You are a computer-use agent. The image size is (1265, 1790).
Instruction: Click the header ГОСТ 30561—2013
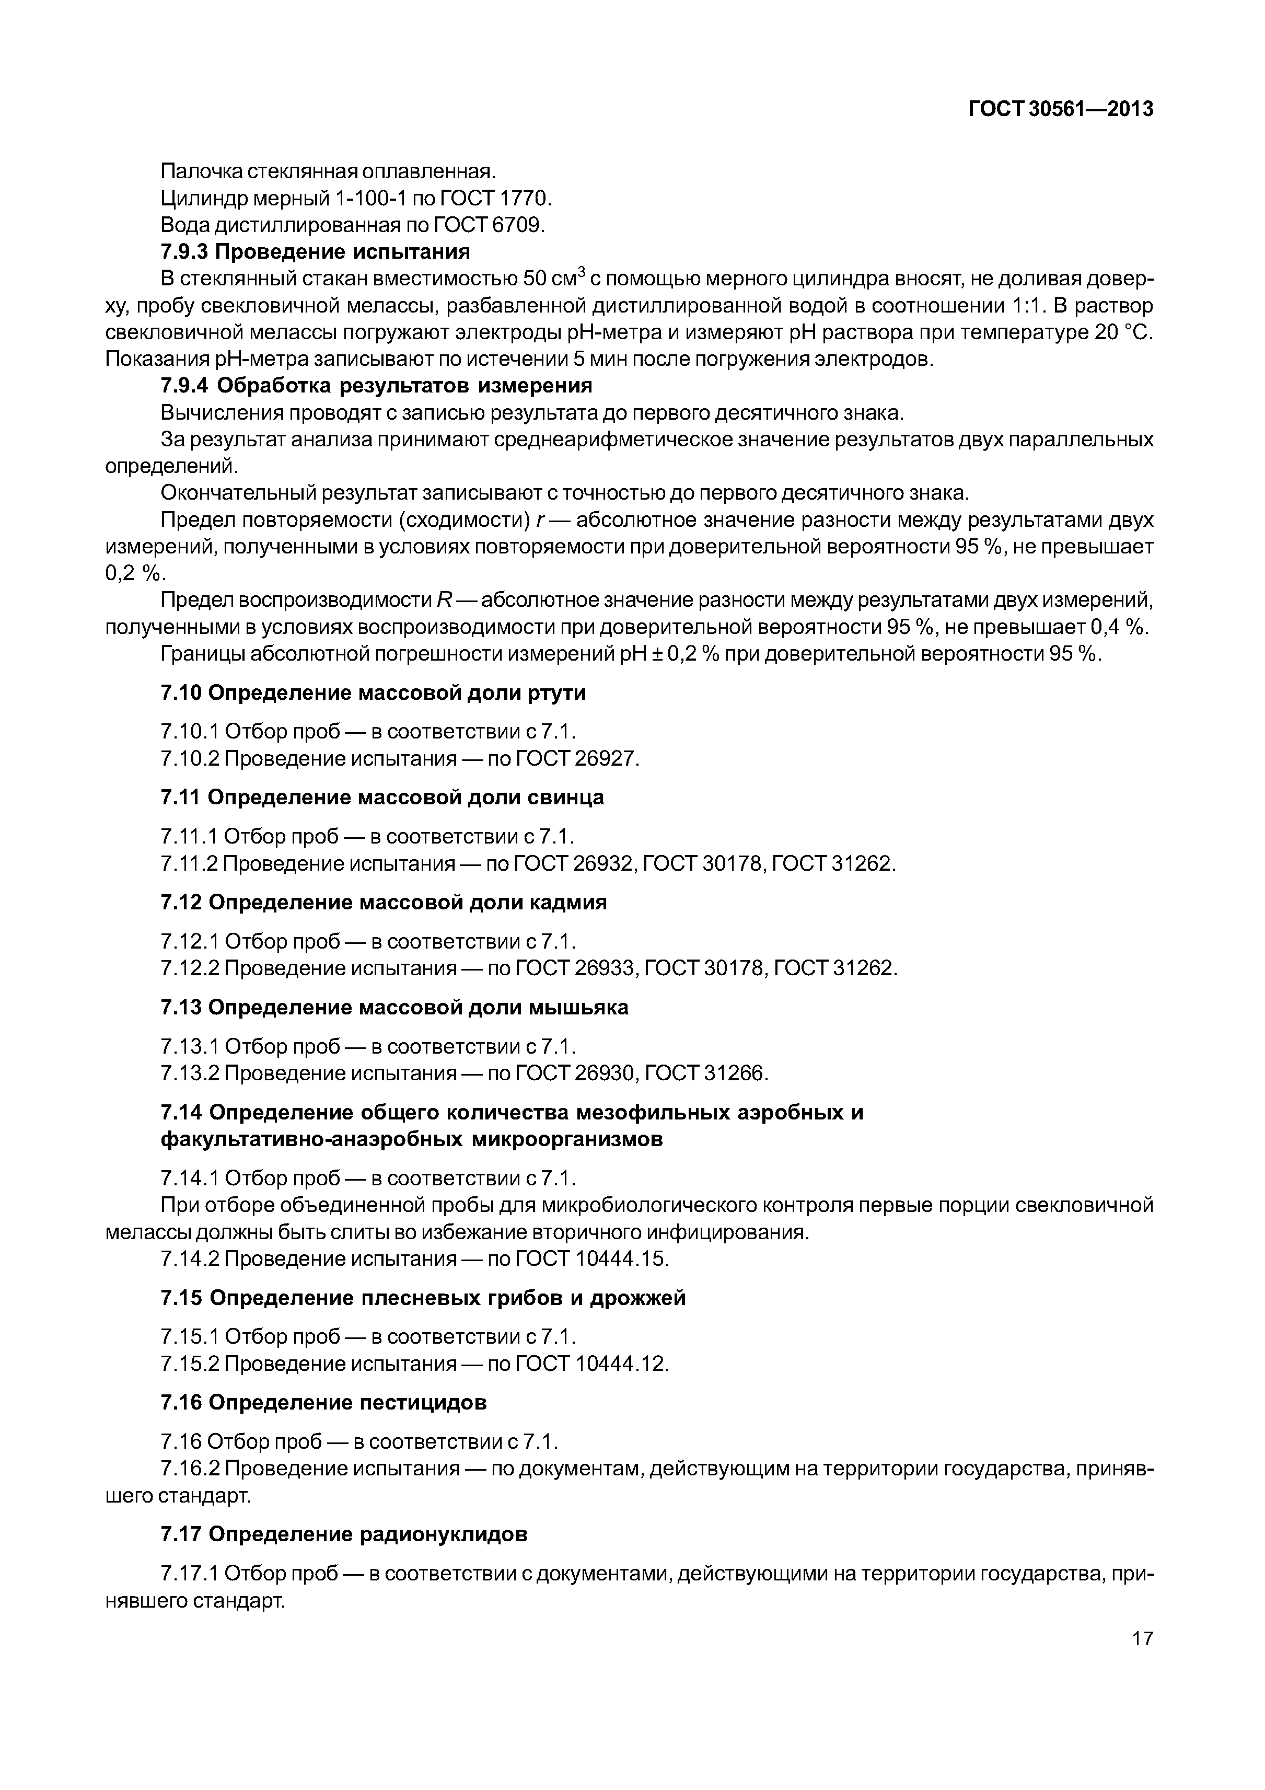pos(1061,110)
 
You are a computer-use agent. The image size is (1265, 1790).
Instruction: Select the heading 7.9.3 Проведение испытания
pos(315,252)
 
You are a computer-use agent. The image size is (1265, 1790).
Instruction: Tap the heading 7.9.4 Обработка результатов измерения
pos(376,386)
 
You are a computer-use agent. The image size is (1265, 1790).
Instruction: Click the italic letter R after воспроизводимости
pos(444,600)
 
